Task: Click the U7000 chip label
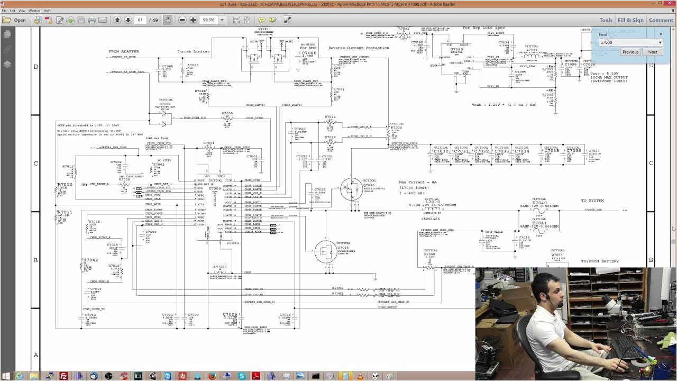point(215,189)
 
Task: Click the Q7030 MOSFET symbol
point(350,189)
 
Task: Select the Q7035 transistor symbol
point(325,252)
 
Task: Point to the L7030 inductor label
point(432,202)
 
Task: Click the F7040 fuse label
point(539,203)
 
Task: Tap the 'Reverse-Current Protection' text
point(359,48)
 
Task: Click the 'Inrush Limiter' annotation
point(194,51)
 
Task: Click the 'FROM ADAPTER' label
point(124,51)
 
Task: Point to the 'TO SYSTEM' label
point(592,201)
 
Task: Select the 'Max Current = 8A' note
point(418,182)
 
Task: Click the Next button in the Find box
point(653,52)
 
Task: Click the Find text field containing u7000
point(627,42)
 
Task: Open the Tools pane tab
point(606,20)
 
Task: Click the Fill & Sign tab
point(630,20)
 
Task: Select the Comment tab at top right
point(661,20)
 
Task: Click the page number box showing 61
point(141,20)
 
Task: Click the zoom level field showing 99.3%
point(209,20)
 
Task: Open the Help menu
point(47,11)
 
